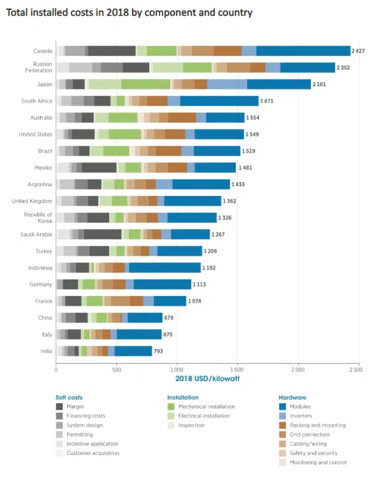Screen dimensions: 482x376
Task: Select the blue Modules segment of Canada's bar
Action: point(303,51)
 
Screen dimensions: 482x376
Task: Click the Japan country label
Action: point(44,84)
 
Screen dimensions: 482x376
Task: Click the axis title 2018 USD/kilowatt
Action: point(206,378)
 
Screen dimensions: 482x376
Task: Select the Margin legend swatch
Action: point(59,406)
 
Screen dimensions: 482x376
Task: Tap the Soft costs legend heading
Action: point(69,397)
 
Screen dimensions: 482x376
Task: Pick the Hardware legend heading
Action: point(292,397)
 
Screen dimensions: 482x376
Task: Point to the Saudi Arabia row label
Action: point(39,234)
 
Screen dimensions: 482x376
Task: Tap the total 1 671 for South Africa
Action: point(268,101)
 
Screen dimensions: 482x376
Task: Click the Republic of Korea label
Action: point(39,218)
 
